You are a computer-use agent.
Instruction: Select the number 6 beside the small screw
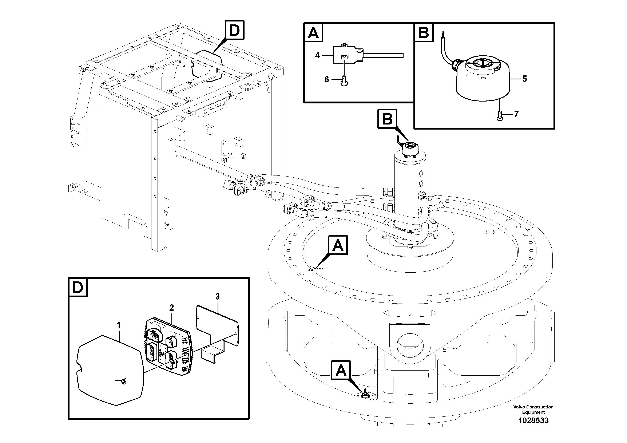(327, 80)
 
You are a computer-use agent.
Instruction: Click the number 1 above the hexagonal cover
(119, 325)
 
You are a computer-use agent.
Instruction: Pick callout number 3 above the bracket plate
(217, 296)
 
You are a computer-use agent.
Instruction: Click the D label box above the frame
(234, 31)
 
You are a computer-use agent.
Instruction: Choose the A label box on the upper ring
(338, 245)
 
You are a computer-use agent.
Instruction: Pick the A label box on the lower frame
(341, 370)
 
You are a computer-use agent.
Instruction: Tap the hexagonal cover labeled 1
(111, 371)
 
